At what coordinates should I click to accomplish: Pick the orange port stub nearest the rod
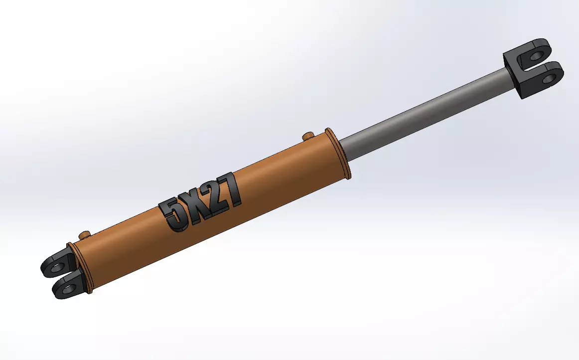pos(307,136)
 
